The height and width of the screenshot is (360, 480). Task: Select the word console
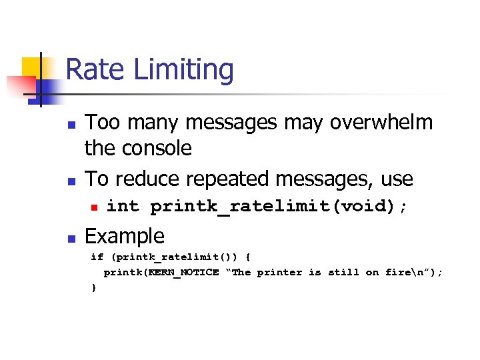coord(157,148)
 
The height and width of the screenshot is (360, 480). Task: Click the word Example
coord(125,236)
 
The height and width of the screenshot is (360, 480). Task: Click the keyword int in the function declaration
coord(123,207)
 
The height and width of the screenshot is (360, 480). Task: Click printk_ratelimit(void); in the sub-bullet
coord(279,207)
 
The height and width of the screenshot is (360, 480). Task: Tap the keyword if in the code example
coord(97,257)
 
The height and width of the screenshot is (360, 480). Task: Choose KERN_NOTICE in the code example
coord(186,272)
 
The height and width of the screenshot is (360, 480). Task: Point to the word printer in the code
coord(279,272)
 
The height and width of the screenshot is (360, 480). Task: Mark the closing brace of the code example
coord(94,287)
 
